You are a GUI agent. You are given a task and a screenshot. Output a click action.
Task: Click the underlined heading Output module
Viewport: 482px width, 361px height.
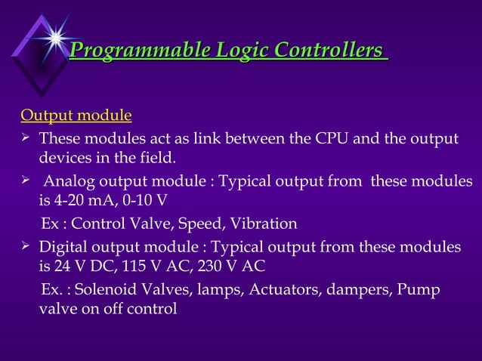(x=76, y=116)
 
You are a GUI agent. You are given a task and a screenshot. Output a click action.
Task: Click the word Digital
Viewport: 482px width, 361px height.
(x=64, y=247)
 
